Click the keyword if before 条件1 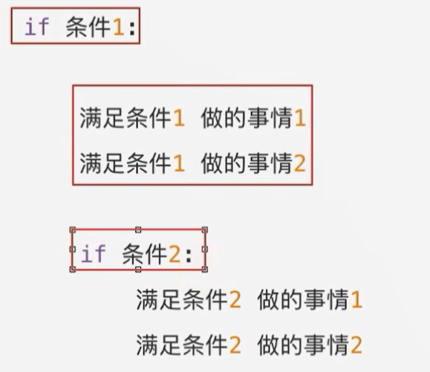(x=37, y=27)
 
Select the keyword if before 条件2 (x=93, y=255)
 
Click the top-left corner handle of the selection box (x=72, y=230)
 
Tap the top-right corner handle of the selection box (x=205, y=230)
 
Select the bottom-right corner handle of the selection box (x=205, y=269)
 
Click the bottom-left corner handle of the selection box (x=72, y=269)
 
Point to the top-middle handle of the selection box (x=138, y=230)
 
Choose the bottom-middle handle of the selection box (x=138, y=269)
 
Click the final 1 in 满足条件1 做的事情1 (x=299, y=120)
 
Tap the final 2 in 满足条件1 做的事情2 (x=299, y=163)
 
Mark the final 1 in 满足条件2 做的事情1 (x=356, y=301)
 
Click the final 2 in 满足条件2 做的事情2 (x=356, y=345)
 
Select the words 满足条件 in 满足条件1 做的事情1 (x=126, y=120)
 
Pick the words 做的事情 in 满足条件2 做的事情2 (x=303, y=345)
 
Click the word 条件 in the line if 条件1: (x=86, y=27)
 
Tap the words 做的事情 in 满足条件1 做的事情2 (x=246, y=163)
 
